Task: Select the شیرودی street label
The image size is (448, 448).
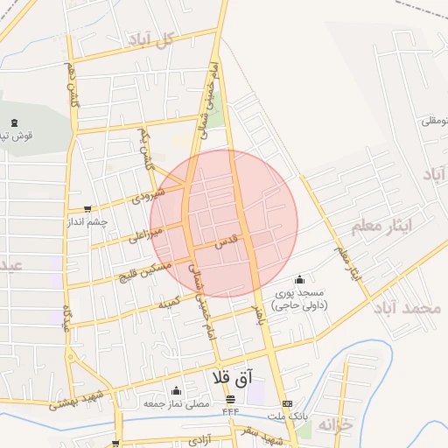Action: click(148, 194)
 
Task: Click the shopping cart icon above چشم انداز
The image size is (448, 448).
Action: click(87, 209)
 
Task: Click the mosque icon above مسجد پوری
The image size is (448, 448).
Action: click(299, 279)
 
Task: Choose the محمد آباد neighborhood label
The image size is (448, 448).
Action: click(408, 309)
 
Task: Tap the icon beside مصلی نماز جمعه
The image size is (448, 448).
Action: click(177, 391)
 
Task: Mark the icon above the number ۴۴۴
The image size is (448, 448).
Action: click(231, 399)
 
